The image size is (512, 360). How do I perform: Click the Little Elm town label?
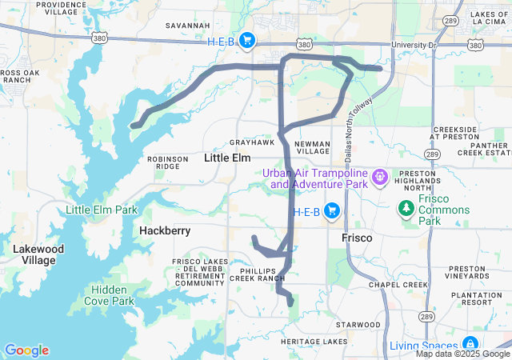[x=228, y=158]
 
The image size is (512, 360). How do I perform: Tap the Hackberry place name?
[x=164, y=230]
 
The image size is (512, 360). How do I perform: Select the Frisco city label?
[x=357, y=238]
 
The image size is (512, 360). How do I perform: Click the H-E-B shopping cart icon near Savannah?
[x=246, y=41]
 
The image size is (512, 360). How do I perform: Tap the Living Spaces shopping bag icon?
[x=470, y=345]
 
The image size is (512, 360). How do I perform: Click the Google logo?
[x=26, y=350]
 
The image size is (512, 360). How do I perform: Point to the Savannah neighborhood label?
[x=187, y=26]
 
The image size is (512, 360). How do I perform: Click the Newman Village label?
[x=312, y=147]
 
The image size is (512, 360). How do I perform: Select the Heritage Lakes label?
[x=314, y=342]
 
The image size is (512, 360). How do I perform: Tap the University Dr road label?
[x=414, y=46]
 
